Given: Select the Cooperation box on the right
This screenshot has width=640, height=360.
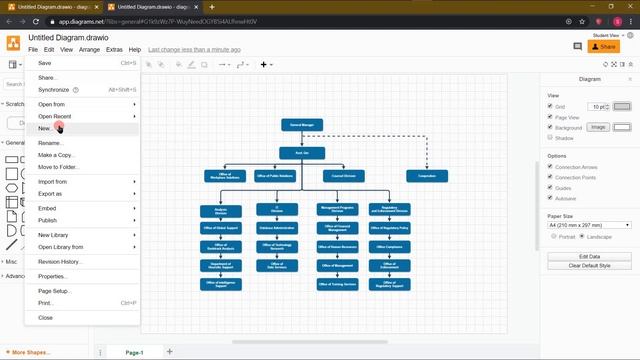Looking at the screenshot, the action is click(427, 175).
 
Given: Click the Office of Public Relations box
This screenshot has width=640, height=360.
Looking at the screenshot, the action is click(275, 175).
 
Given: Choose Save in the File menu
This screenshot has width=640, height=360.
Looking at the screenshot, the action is click(45, 63).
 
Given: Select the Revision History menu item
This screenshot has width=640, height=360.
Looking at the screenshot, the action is click(60, 261).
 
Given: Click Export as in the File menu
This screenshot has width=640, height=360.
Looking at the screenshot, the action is click(50, 193).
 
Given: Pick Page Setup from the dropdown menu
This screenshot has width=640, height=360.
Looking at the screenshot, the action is click(54, 290).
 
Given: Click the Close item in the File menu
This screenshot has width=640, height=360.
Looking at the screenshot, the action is click(46, 317).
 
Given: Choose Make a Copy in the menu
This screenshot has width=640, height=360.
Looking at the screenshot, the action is click(56, 155).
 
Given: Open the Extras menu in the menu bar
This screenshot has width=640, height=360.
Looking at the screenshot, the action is click(114, 48).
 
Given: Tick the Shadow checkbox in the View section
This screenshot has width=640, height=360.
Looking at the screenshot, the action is click(550, 138).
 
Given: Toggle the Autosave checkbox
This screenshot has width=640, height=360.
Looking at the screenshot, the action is click(550, 199).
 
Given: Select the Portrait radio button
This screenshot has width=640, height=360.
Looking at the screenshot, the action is click(553, 236).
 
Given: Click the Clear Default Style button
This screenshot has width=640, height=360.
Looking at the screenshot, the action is click(590, 266).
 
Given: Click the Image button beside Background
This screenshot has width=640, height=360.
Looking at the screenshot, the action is click(598, 127).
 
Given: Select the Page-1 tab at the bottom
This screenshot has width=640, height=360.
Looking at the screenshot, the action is click(134, 352).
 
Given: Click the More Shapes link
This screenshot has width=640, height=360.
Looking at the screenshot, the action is click(30, 352).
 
